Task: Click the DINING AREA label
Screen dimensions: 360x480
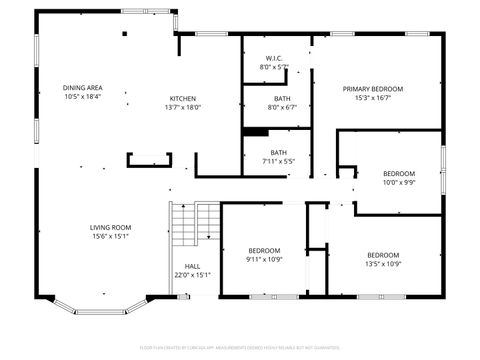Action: tap(83, 88)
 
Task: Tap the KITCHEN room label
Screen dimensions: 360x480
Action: tap(183, 99)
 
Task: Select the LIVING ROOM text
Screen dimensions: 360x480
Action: tap(110, 227)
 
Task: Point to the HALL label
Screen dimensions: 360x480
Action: tap(192, 266)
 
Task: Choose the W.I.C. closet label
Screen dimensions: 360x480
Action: tap(274, 58)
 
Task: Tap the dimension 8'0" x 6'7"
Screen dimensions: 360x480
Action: tap(282, 107)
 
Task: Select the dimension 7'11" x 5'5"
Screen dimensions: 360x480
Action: tap(278, 161)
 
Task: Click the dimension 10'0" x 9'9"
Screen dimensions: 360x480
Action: tap(399, 182)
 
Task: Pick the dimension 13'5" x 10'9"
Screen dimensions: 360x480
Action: tap(383, 264)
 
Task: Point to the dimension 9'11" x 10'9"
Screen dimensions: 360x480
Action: tap(264, 259)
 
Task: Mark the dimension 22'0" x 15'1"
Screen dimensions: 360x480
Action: tap(192, 275)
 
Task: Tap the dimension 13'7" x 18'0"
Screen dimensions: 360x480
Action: tap(183, 107)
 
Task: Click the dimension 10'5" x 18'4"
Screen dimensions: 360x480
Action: tap(83, 97)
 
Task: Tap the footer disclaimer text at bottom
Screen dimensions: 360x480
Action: tap(240, 348)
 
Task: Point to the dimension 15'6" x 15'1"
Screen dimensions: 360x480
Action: tap(110, 236)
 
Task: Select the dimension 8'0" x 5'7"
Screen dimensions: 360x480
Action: tap(274, 67)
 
